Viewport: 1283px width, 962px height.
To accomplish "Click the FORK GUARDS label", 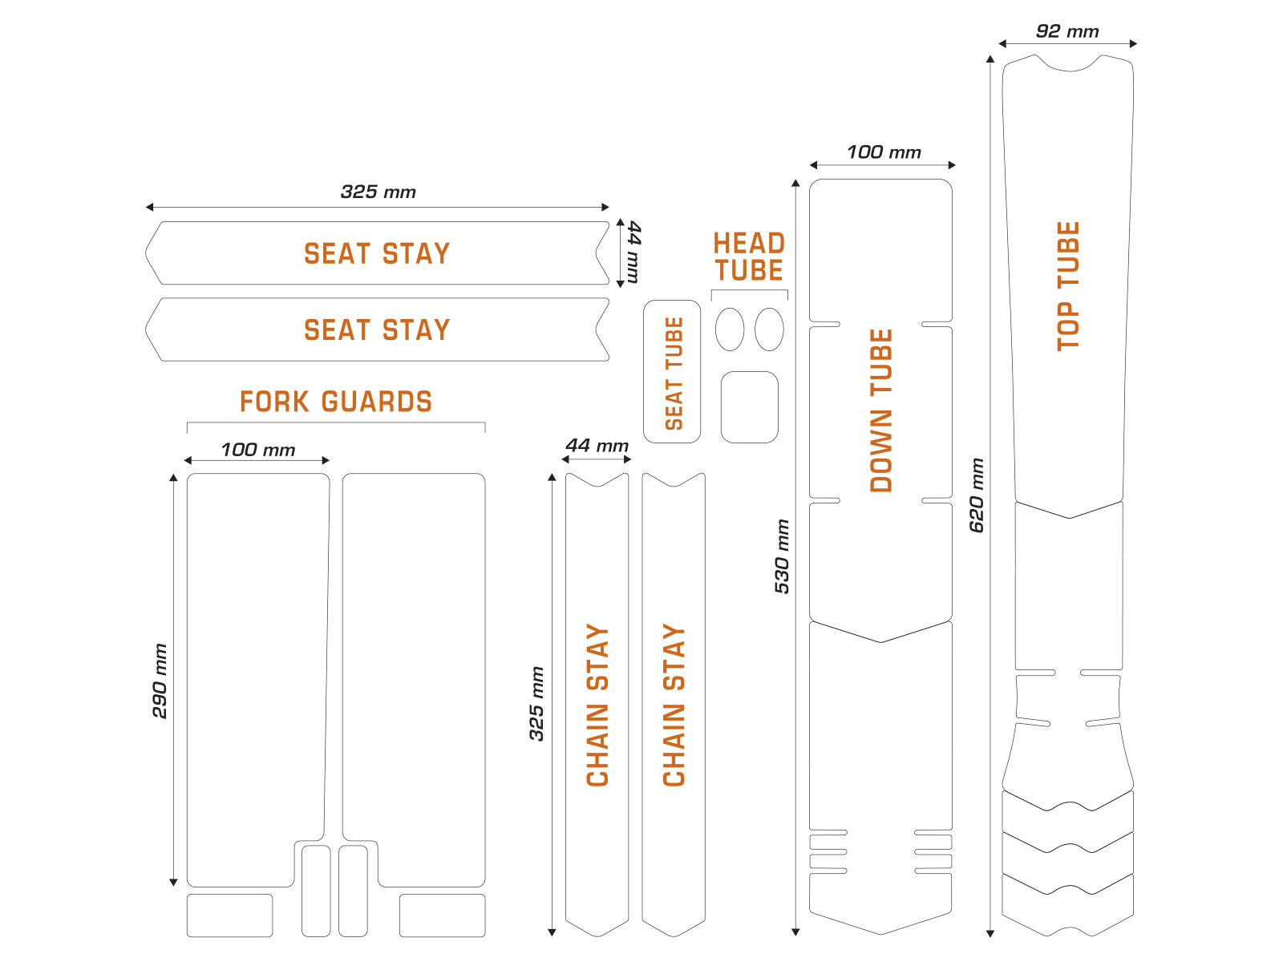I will (x=335, y=402).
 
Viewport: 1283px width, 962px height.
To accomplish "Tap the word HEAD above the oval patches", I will (x=749, y=244).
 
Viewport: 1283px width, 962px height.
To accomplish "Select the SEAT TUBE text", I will (x=674, y=373).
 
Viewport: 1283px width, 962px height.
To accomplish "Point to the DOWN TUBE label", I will (x=881, y=410).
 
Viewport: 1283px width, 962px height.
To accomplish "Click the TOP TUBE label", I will (x=1068, y=285).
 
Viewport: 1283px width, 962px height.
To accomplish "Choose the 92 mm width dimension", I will (x=1067, y=32).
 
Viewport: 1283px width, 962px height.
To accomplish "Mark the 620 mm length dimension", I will (x=977, y=495).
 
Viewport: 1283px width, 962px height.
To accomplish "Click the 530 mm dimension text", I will (x=782, y=556).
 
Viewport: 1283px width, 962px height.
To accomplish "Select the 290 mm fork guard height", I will (x=160, y=681).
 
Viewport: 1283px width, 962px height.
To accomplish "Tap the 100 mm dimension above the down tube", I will (x=884, y=152).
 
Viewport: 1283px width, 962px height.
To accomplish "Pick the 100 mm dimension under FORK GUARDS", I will (x=257, y=450).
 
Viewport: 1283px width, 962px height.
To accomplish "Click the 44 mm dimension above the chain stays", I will (x=597, y=446).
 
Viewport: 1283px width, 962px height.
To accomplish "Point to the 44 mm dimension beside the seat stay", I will (x=633, y=253).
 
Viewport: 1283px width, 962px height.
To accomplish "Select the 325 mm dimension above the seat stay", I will (x=378, y=192).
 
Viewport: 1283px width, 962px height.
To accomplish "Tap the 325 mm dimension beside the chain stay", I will (x=536, y=703).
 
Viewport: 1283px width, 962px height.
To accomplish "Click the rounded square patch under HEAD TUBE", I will (x=750, y=406).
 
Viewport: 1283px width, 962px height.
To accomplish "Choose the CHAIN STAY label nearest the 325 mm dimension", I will (x=597, y=705).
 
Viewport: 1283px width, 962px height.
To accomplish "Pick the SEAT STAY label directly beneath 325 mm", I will (x=377, y=254).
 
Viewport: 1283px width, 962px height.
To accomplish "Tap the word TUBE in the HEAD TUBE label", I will (x=749, y=271).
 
